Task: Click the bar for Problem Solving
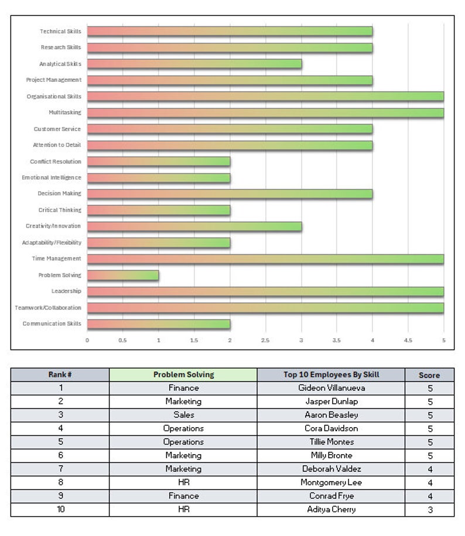coord(123,275)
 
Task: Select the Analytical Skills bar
coord(194,64)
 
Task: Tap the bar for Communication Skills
coord(159,324)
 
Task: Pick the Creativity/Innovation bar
coord(194,226)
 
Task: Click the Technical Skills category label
coord(60,32)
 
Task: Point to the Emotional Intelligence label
coord(52,177)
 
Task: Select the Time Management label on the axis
coord(56,259)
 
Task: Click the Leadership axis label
coord(66,291)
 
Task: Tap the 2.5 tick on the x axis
coord(265,340)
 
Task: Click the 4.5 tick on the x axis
coord(408,340)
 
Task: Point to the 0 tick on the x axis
coord(87,340)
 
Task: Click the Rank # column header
coord(60,374)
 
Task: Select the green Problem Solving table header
coord(183,374)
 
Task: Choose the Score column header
coord(429,375)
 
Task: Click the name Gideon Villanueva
coord(331,388)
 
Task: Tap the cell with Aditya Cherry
coord(331,509)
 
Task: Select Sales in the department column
coord(183,415)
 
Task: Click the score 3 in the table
coord(429,510)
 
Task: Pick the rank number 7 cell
coord(60,469)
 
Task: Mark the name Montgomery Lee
coord(331,482)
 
